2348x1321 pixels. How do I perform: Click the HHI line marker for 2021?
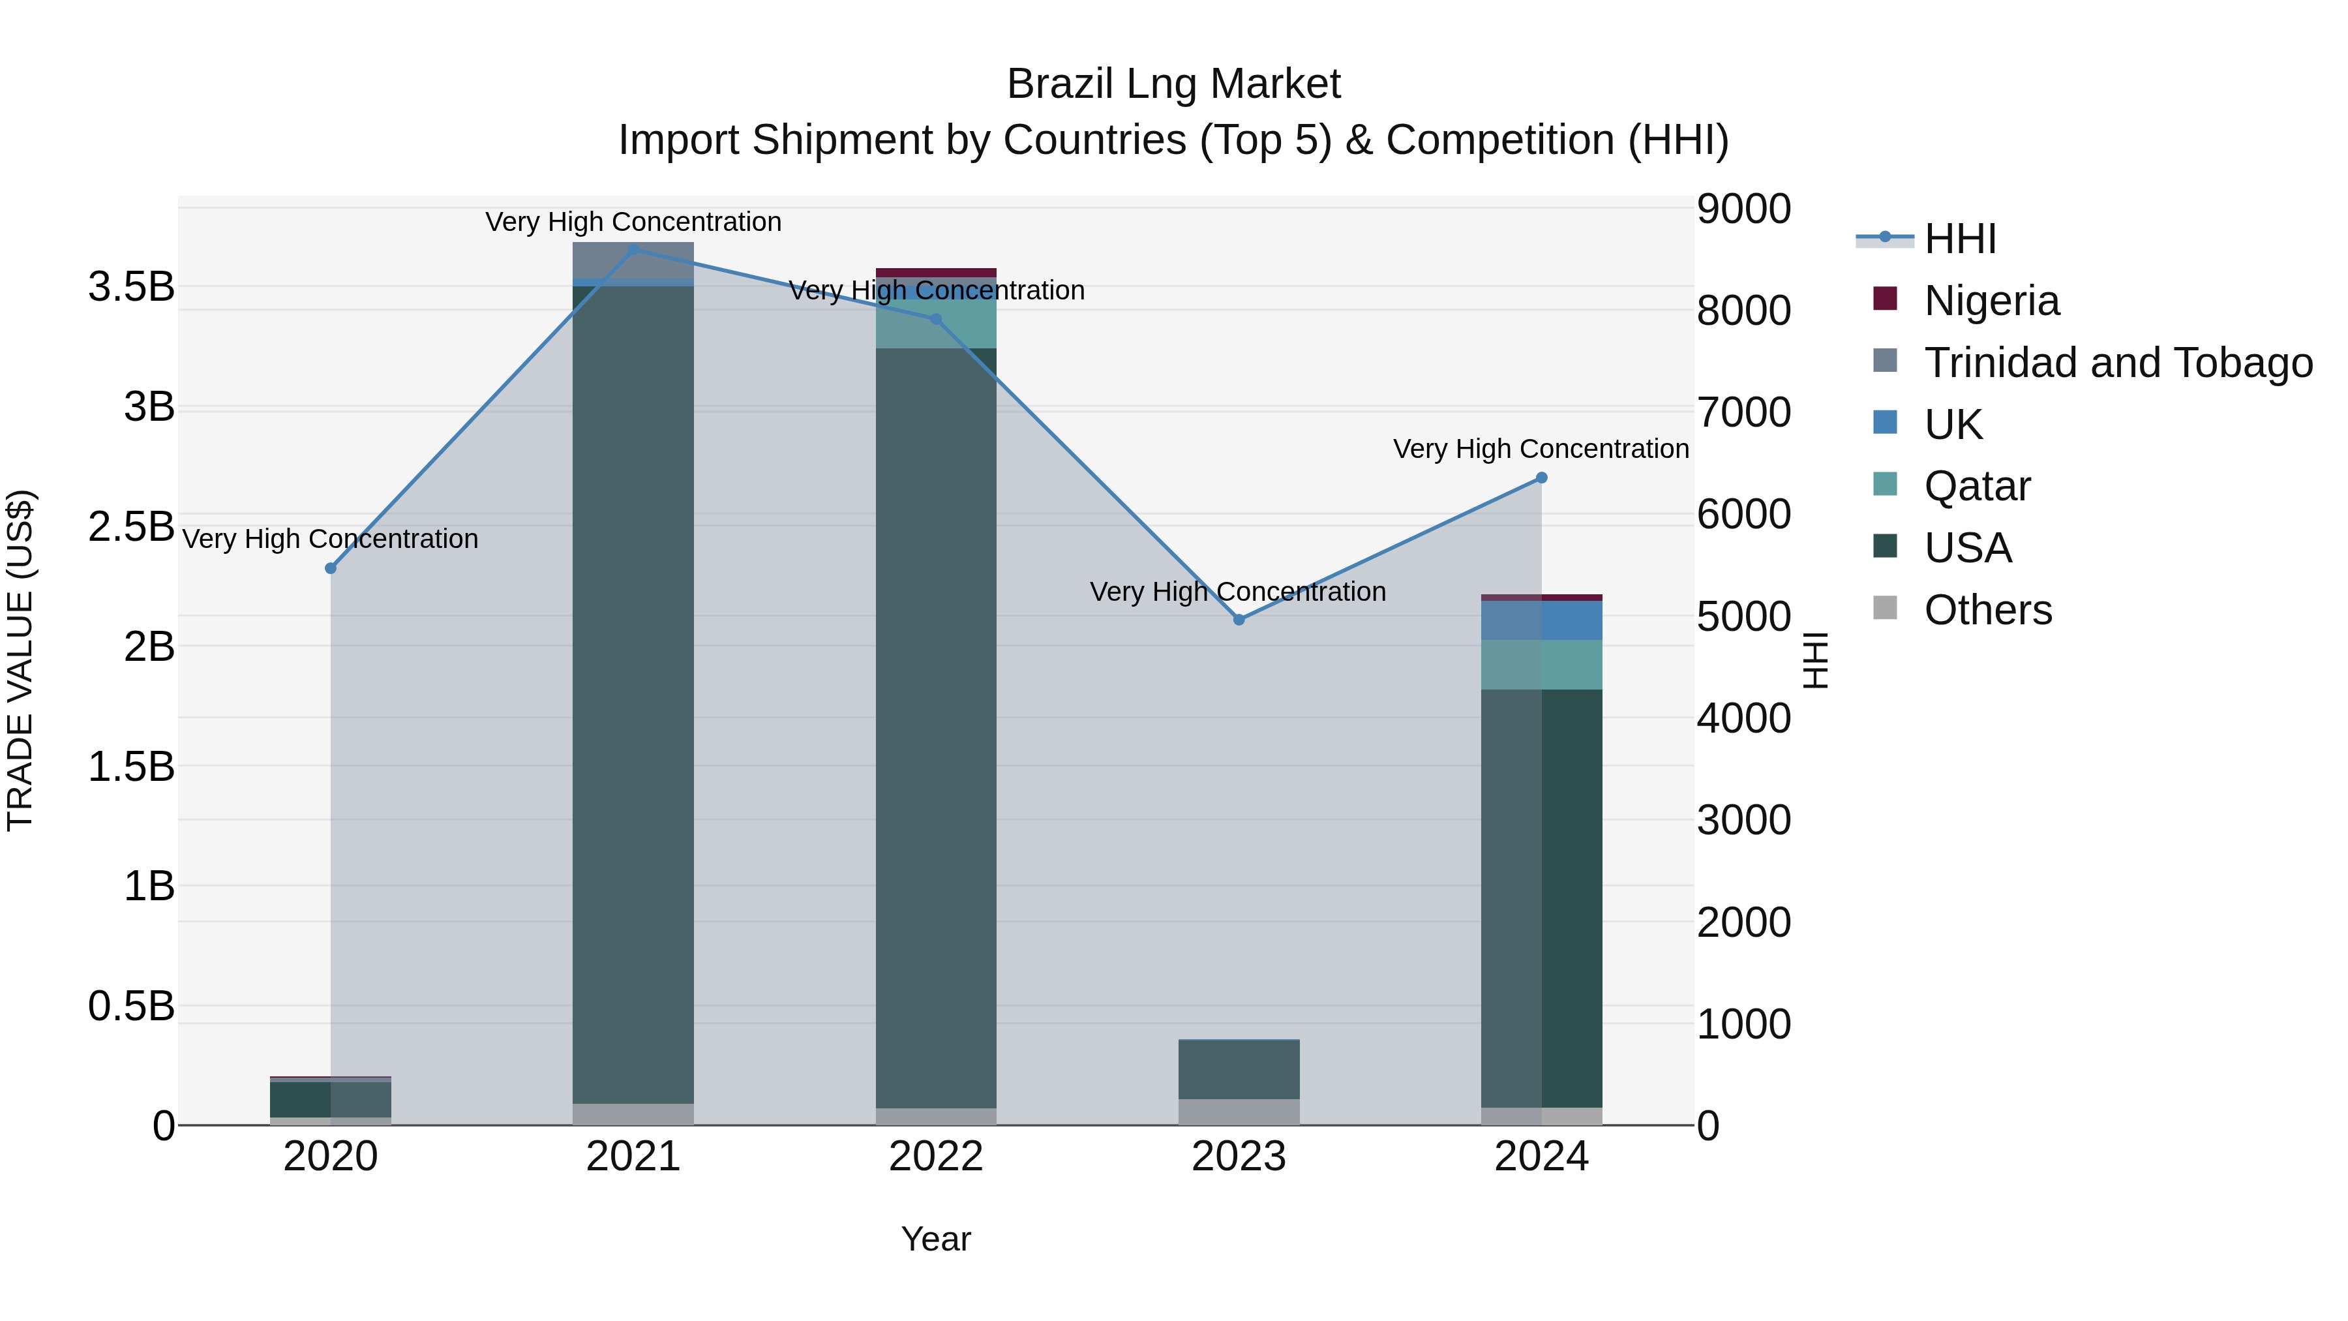633,249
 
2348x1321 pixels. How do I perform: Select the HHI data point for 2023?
1239,620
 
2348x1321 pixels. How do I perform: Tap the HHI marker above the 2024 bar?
1541,478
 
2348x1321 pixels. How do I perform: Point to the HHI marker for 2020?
331,569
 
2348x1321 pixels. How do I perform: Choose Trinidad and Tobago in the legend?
2117,363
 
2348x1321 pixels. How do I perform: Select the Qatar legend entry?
1976,486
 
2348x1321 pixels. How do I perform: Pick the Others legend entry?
1987,610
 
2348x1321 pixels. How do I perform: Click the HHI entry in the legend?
1960,239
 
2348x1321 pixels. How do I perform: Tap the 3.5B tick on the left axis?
130,287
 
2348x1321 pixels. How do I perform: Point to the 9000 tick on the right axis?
1743,209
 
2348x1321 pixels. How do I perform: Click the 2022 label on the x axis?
936,1157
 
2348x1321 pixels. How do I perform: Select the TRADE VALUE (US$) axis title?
20,660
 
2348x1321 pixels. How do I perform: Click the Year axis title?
936,1239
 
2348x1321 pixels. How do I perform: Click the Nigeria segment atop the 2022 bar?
936,273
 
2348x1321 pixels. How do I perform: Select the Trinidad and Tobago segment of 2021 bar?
633,260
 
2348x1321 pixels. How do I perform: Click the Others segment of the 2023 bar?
1239,1112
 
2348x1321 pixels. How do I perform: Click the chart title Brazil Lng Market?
1173,84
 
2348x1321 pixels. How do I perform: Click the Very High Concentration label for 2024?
1541,449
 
